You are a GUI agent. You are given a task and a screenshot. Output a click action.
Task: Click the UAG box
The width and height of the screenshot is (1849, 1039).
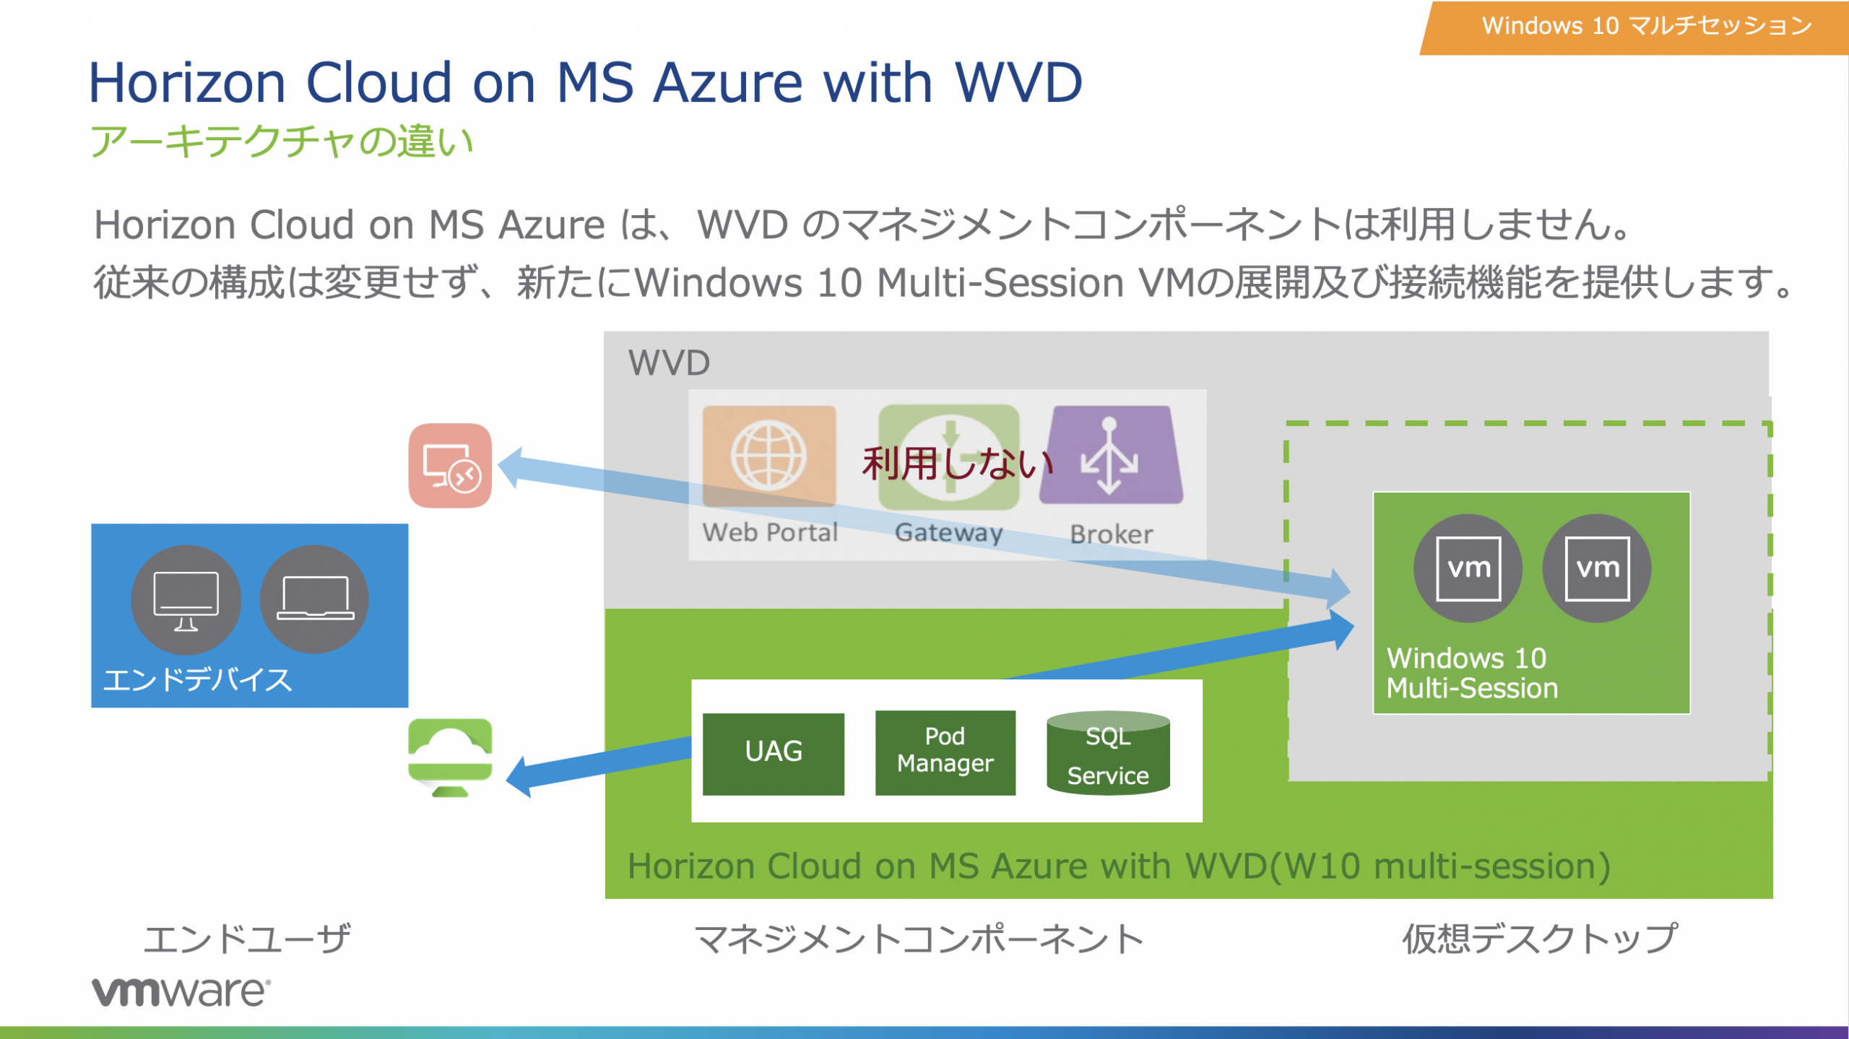[773, 753]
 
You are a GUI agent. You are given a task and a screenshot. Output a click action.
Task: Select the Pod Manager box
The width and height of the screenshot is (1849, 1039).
[945, 752]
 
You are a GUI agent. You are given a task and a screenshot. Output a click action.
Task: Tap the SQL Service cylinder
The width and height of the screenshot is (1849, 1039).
[1107, 755]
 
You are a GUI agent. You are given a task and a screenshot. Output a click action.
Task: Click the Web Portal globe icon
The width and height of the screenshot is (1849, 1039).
[768, 456]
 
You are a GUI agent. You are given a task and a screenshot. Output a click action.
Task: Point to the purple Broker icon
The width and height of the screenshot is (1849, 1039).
[1110, 456]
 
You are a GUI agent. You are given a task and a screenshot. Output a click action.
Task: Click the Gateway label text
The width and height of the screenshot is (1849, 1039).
[948, 533]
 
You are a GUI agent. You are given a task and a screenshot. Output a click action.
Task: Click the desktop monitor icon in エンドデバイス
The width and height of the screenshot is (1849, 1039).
[186, 599]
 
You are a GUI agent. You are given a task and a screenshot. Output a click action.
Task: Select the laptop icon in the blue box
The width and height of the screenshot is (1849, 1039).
[315, 599]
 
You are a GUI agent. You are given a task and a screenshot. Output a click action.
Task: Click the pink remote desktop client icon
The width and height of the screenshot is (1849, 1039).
[450, 466]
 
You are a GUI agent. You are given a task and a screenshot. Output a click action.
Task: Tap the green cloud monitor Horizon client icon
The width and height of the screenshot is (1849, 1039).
[450, 757]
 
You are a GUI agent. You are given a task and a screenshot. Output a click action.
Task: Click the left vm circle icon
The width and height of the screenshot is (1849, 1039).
[1468, 568]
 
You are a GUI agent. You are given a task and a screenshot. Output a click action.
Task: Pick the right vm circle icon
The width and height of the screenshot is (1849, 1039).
[1596, 568]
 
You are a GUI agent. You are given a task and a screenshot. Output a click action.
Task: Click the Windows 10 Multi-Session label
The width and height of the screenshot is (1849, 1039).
[1471, 673]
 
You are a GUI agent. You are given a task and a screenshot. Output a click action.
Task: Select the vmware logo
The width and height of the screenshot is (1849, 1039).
[181, 992]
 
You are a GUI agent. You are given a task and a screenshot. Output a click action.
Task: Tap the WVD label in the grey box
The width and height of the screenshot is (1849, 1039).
[669, 362]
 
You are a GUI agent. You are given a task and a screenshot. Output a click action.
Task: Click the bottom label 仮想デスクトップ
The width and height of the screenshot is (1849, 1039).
[1538, 939]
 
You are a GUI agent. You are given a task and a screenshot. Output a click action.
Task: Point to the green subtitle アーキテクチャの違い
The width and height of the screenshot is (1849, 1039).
[281, 141]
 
